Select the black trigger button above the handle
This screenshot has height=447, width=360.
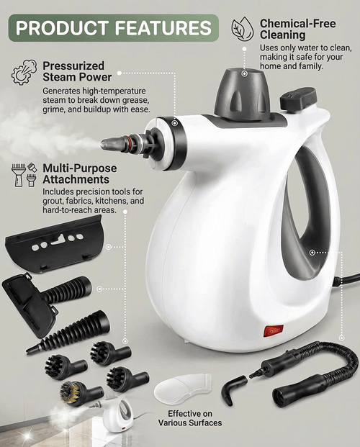coord(298,99)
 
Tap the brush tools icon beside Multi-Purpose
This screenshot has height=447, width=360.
coord(23,175)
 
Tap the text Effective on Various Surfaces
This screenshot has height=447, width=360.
coord(194,418)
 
